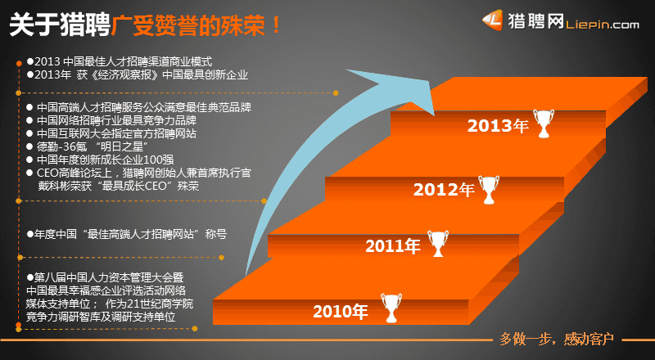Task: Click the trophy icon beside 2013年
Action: tap(544, 124)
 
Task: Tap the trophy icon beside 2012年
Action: tap(488, 190)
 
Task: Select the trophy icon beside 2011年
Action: tap(438, 244)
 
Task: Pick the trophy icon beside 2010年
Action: tap(391, 308)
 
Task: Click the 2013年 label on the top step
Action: tap(498, 126)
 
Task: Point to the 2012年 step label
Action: tap(444, 190)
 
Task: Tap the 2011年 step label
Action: tap(392, 245)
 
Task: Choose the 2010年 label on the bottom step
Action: tap(340, 312)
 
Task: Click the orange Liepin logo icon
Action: tap(493, 20)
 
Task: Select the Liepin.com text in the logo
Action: tap(603, 25)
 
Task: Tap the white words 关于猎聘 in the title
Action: tap(59, 25)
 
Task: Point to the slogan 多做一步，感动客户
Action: tap(557, 339)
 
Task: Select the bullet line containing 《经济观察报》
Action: tap(138, 74)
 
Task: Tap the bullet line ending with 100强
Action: tap(100, 160)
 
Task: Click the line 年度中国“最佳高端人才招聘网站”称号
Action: tap(127, 234)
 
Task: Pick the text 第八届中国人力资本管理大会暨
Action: tap(106, 277)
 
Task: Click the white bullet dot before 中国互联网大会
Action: tap(29, 133)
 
